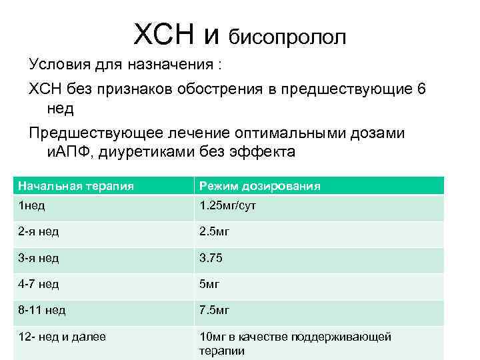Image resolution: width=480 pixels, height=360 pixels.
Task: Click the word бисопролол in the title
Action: [287, 37]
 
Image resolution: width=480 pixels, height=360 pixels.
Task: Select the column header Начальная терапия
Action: [76, 186]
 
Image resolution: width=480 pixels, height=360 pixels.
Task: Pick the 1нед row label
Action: [32, 206]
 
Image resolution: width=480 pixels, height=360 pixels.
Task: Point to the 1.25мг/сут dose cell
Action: [227, 206]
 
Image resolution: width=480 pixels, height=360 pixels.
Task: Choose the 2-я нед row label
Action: [39, 232]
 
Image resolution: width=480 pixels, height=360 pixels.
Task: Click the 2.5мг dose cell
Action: [215, 232]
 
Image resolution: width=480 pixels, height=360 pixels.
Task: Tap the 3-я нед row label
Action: [39, 258]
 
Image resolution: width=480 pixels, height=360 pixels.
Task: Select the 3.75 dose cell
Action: [213, 258]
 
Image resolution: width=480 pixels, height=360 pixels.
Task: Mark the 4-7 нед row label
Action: [39, 284]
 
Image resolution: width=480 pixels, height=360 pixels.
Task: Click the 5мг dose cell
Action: [210, 284]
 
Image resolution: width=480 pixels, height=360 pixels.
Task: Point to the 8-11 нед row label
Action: [42, 310]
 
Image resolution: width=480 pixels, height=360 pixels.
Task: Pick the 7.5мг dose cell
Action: [215, 310]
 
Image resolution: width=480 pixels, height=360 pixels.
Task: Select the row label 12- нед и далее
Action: [62, 337]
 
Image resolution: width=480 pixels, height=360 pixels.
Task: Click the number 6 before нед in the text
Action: [420, 89]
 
